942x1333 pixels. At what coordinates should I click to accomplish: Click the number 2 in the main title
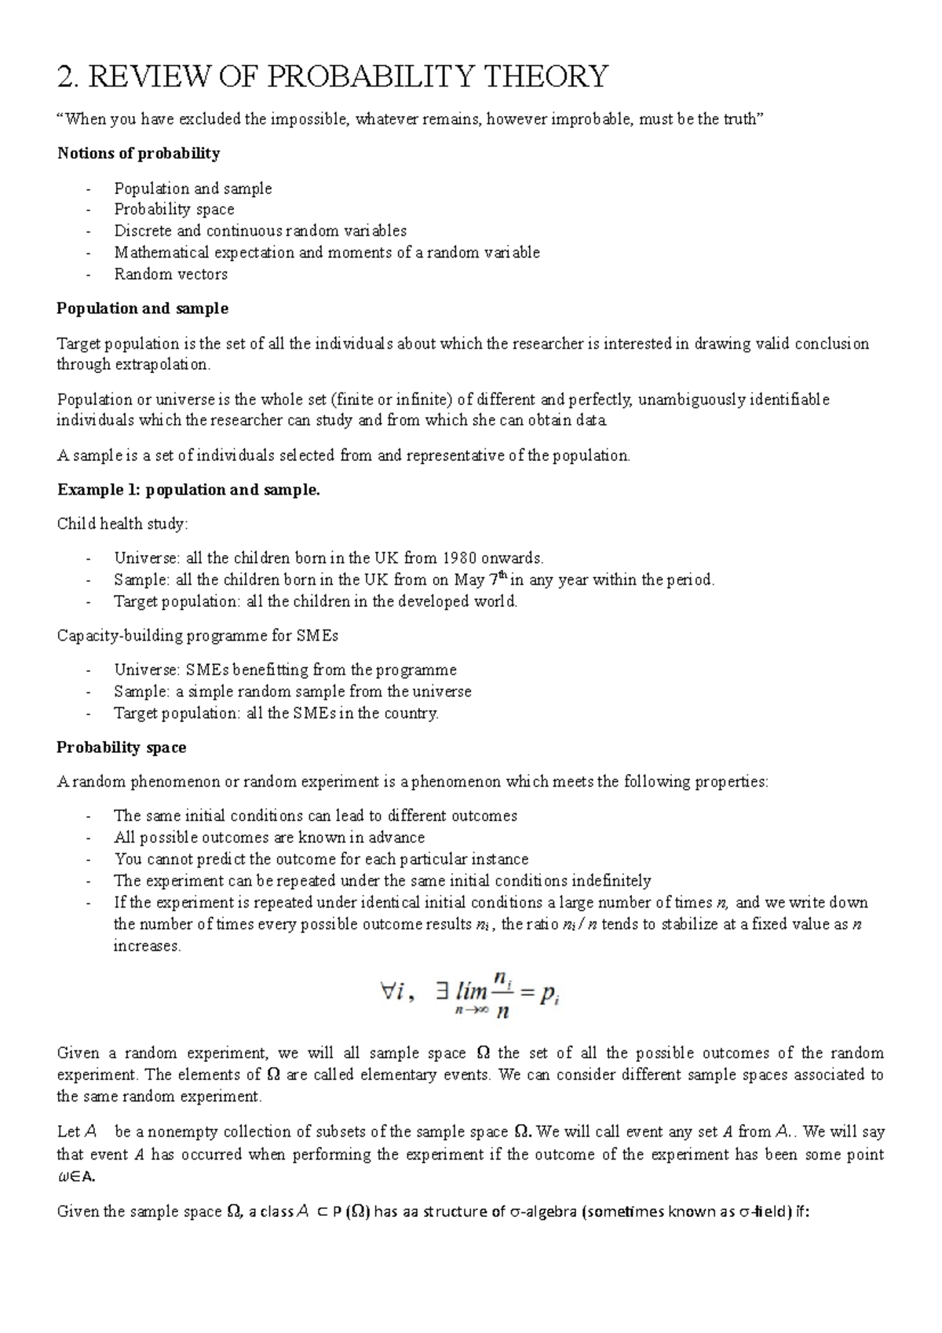[66, 77]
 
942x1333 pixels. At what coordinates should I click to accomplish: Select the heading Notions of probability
[138, 153]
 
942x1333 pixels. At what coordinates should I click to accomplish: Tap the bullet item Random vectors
[170, 274]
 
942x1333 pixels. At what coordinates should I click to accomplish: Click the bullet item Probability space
[173, 210]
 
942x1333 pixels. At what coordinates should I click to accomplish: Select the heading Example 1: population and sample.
[188, 490]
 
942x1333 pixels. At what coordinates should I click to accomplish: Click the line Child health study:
[122, 524]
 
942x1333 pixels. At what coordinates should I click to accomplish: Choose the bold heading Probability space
[121, 747]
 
